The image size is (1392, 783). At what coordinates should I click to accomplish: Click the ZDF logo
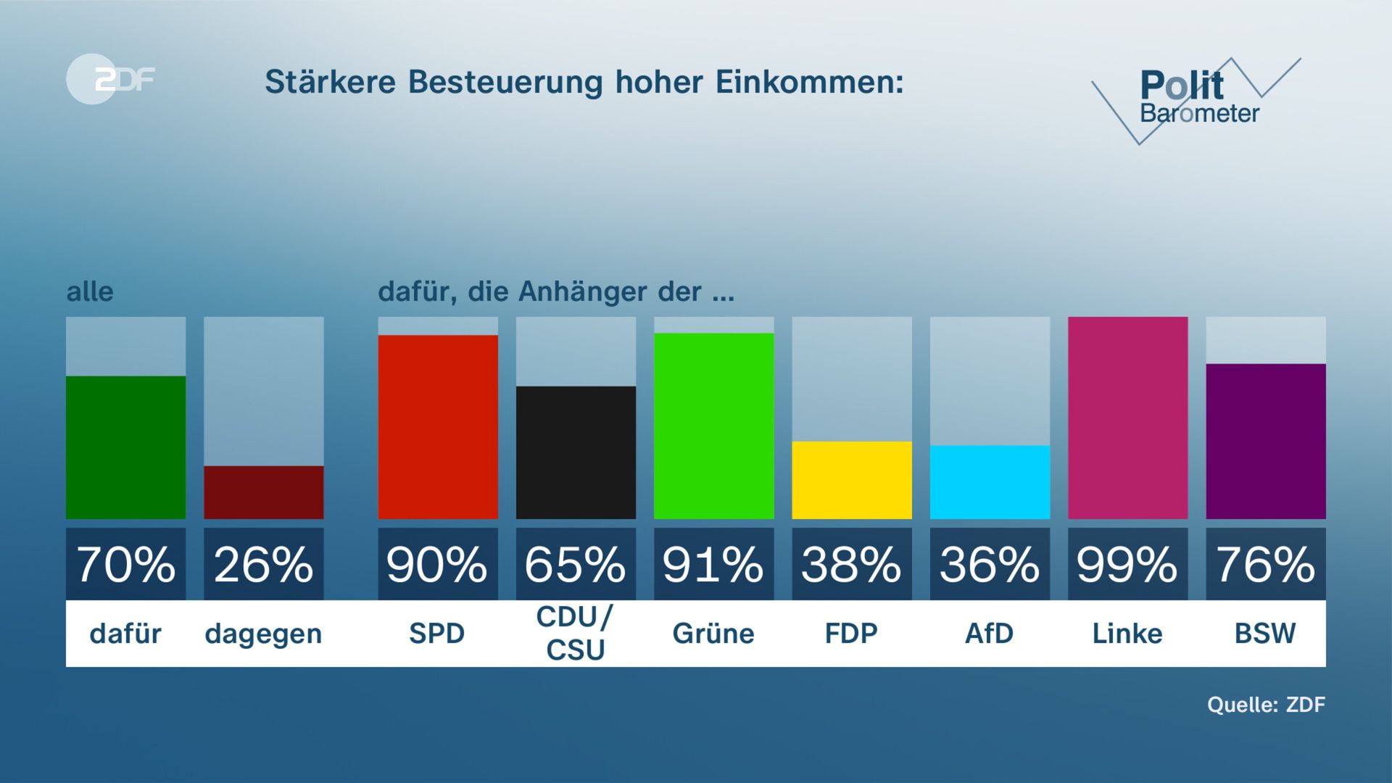[110, 79]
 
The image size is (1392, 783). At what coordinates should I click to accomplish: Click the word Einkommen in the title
[809, 82]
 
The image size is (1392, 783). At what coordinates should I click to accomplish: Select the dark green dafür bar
[125, 447]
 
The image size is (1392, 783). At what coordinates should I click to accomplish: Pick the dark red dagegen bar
[263, 492]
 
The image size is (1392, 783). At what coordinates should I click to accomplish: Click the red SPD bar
[438, 427]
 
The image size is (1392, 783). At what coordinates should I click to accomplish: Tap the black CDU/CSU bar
[576, 452]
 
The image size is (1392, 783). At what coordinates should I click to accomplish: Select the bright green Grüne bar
[713, 426]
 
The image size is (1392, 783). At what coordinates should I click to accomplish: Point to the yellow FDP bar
[851, 480]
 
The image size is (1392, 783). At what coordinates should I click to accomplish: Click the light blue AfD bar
[990, 482]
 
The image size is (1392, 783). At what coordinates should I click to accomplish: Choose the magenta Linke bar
[1127, 418]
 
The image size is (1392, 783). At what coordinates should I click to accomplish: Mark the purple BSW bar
[1265, 442]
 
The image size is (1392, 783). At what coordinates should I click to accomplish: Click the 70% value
[125, 565]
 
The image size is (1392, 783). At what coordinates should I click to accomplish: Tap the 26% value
[263, 565]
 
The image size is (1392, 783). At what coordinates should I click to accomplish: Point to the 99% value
[1127, 565]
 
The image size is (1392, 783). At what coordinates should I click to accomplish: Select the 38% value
[851, 565]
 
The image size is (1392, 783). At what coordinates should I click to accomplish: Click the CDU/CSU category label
[576, 633]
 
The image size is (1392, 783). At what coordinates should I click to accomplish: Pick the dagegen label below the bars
[263, 634]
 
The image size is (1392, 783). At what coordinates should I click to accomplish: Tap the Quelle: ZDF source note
[1266, 705]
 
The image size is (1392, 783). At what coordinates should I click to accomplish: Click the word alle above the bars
[90, 291]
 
